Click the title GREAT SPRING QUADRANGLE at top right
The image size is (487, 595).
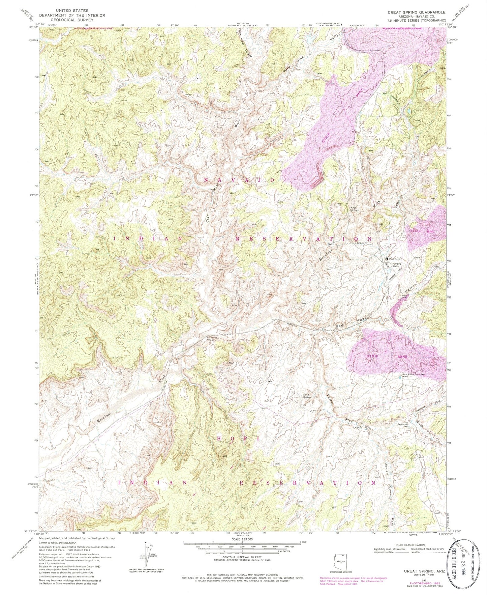[x=416, y=12]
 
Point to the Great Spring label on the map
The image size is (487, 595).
[x=354, y=209]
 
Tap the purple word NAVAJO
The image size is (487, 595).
[x=239, y=180]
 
